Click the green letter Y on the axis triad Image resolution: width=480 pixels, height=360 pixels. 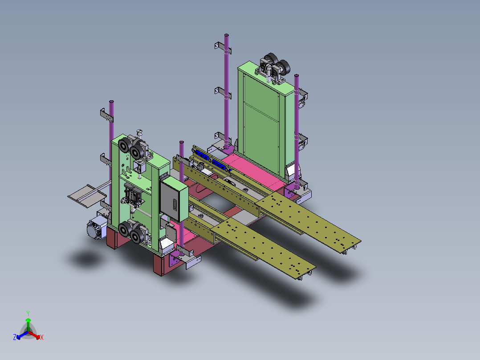(x=28, y=313)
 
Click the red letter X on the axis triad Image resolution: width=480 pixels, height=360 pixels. (x=42, y=337)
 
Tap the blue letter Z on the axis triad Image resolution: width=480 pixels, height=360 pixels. (x=15, y=337)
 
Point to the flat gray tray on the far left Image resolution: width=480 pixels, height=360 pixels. (x=87, y=196)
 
